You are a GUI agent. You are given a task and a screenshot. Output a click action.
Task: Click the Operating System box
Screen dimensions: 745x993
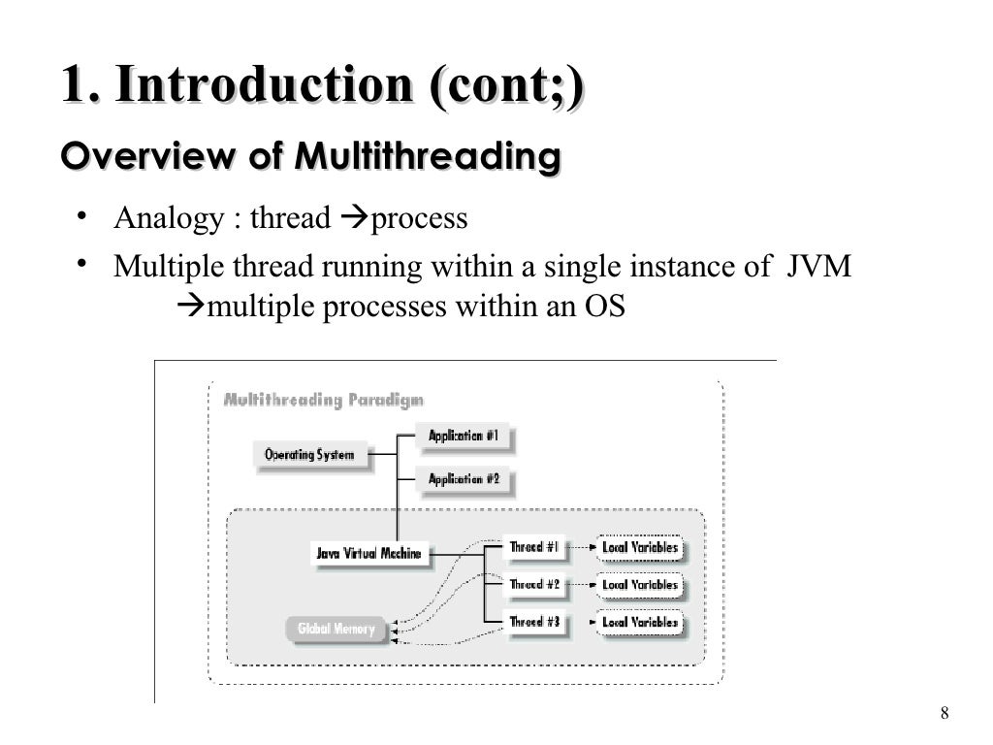coord(309,454)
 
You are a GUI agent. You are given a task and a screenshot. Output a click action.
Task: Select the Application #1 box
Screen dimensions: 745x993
coord(464,437)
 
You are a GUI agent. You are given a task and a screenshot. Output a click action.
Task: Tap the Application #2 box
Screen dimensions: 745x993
coord(464,479)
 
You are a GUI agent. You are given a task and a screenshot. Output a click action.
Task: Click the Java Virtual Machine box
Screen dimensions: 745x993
coord(368,554)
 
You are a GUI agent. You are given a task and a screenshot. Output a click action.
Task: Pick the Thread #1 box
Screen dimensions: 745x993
coord(535,547)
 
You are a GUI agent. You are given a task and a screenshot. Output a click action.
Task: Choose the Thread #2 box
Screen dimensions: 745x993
coord(535,585)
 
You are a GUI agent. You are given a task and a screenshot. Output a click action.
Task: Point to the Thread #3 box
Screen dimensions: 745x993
coord(535,622)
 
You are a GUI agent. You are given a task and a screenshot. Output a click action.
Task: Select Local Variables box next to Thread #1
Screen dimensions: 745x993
coord(640,548)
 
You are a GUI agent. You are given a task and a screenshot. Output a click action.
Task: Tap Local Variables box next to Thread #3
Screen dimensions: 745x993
coord(640,622)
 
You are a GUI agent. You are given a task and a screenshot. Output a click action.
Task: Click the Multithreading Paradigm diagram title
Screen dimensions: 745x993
coord(323,400)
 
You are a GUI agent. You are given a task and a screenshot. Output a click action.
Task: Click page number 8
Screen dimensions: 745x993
coord(945,715)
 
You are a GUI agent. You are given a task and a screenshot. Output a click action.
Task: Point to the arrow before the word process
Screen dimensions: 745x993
coord(354,218)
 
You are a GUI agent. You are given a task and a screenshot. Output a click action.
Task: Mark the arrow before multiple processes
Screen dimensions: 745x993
coord(191,307)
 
